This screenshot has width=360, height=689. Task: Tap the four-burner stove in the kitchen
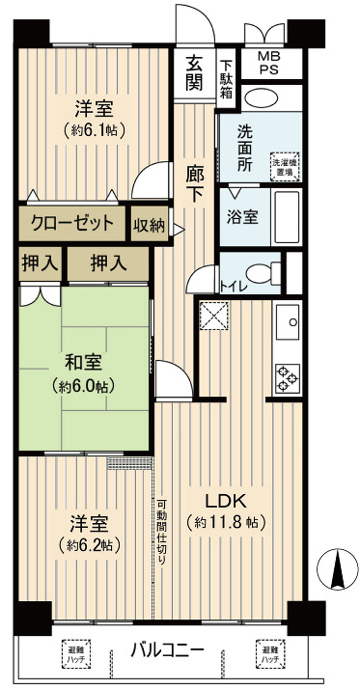(x=288, y=375)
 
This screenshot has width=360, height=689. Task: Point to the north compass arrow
(x=337, y=569)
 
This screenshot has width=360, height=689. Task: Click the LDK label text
(x=227, y=501)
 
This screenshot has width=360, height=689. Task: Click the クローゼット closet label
(x=72, y=225)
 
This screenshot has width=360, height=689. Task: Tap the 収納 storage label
(x=148, y=225)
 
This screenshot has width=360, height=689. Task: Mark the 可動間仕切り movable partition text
(x=162, y=533)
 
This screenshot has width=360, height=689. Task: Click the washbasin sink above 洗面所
(x=261, y=99)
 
